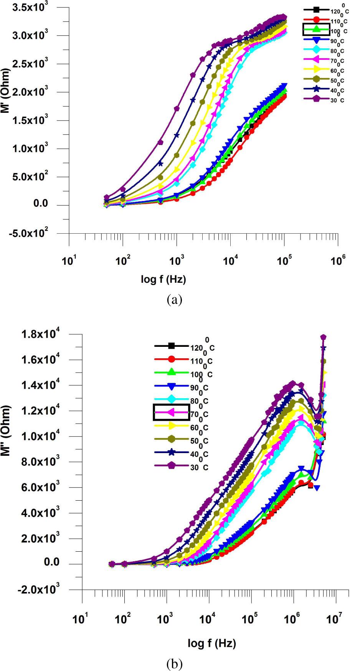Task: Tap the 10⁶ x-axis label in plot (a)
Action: coord(337,261)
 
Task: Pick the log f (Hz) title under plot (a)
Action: coord(163,279)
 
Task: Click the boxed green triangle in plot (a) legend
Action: coord(316,29)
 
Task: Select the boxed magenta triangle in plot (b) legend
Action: coord(171,412)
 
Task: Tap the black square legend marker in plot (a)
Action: coord(316,9)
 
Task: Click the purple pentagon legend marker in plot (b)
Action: coord(171,465)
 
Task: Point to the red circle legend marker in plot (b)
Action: coord(171,359)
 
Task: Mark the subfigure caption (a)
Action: coord(175,300)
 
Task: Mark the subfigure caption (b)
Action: coord(175,663)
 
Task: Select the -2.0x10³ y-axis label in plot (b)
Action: coord(38,590)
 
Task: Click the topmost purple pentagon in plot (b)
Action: coord(324,337)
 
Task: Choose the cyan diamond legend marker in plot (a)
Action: coord(316,49)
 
